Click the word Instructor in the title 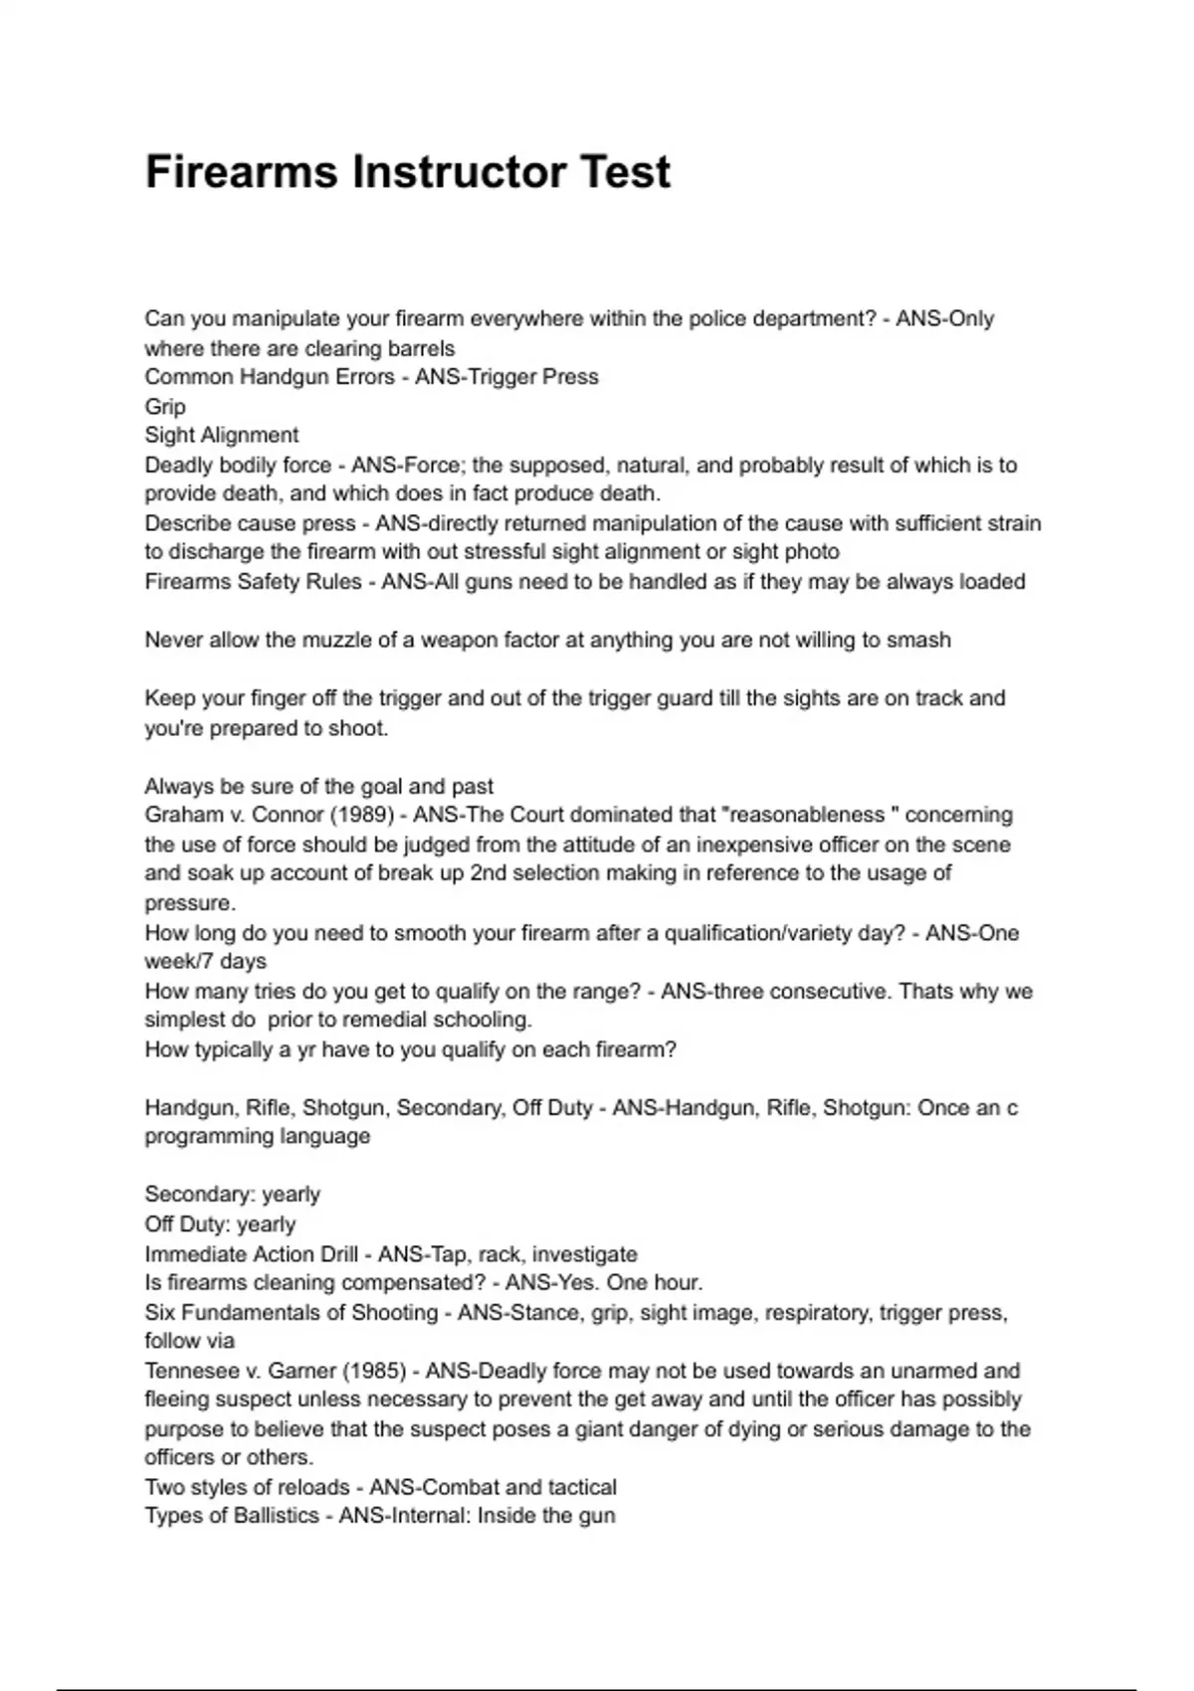(450, 171)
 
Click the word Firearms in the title (242, 171)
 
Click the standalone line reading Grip (165, 406)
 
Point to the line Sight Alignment (221, 435)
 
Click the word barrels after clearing (422, 348)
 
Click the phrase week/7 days (206, 962)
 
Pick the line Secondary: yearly (232, 1194)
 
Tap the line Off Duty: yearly (220, 1223)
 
